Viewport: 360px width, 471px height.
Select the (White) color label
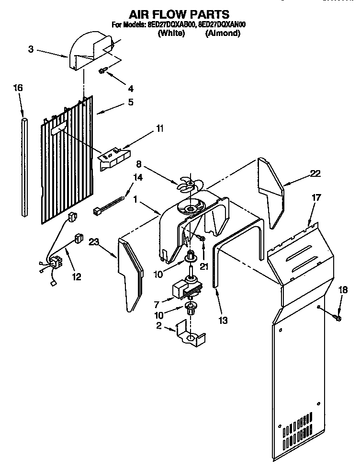171,34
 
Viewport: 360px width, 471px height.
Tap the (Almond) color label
223,34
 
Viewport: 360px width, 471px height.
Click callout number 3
31,49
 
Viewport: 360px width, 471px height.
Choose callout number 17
316,197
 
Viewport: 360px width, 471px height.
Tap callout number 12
76,276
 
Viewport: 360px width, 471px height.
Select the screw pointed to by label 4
102,71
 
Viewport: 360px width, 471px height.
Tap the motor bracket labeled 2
190,335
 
